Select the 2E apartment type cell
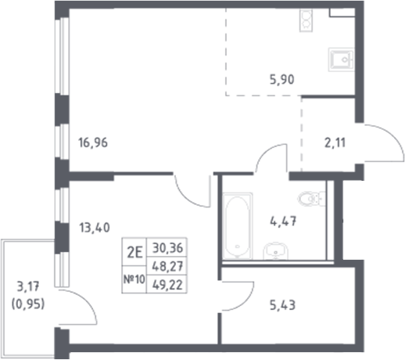134,252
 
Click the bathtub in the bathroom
235,227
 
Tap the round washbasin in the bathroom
274,250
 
